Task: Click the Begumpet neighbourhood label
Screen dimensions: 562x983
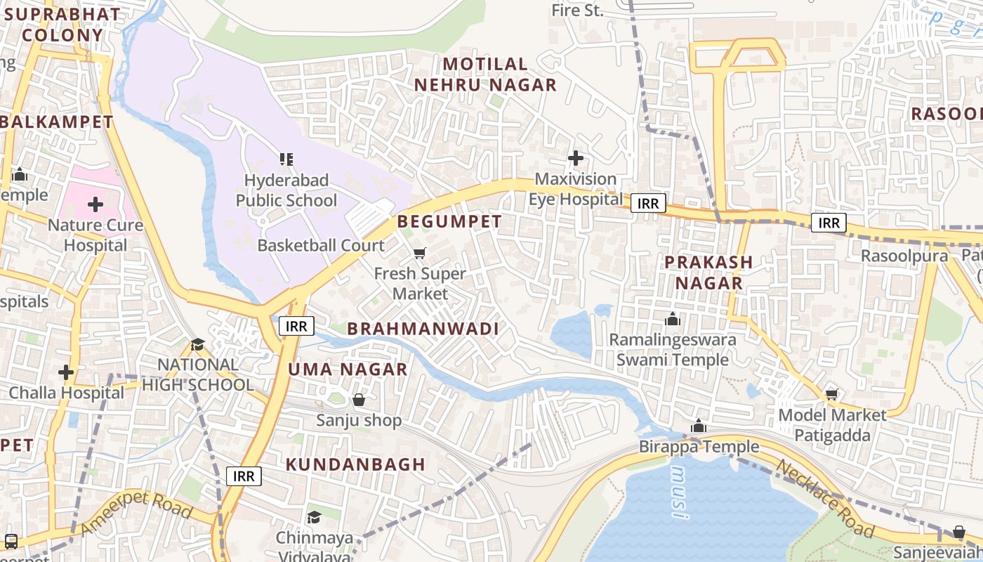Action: coord(449,222)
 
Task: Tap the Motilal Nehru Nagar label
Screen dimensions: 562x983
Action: coord(485,74)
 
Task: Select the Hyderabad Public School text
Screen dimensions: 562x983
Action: coord(286,190)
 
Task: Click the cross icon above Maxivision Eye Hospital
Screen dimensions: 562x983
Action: coord(576,159)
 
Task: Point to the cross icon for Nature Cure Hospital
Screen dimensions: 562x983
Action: coord(95,205)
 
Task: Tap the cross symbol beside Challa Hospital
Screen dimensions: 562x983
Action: coord(66,372)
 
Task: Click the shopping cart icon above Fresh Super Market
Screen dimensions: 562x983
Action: coord(420,253)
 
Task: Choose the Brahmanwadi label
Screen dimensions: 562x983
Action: coord(423,329)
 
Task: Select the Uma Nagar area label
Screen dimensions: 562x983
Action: coord(348,370)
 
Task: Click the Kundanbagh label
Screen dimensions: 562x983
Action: coord(355,464)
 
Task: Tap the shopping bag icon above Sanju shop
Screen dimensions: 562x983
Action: coord(359,400)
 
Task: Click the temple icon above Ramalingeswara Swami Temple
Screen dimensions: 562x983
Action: coord(673,320)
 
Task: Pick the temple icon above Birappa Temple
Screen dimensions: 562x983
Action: coord(698,426)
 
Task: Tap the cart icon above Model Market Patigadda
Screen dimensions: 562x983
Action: coord(832,395)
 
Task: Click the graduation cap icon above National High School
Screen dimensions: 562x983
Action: coord(198,344)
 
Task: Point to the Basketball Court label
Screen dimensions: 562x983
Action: coord(321,246)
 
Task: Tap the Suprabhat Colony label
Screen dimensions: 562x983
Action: coord(63,25)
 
